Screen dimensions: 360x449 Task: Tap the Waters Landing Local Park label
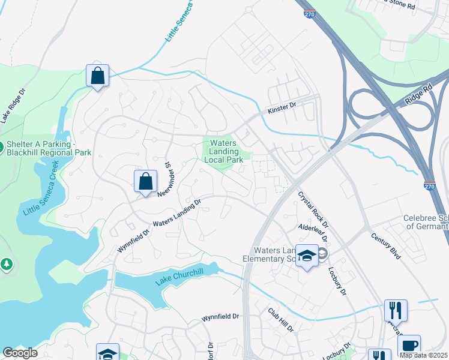223,151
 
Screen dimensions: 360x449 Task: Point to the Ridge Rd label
418,95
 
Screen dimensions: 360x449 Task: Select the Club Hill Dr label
281,320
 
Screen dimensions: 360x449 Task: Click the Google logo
20,353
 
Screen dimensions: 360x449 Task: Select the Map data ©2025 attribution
423,355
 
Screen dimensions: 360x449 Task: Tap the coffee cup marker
409,346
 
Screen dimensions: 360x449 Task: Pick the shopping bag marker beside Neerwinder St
145,181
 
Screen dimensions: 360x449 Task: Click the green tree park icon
6,264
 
